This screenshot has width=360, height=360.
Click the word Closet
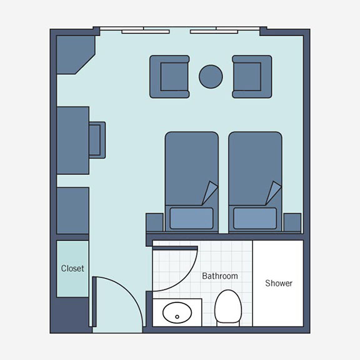(x=72, y=268)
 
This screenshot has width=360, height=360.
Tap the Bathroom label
(x=220, y=276)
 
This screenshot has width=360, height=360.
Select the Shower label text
(x=279, y=283)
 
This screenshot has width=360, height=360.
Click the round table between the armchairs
(x=211, y=77)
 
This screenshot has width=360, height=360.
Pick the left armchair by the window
(x=169, y=77)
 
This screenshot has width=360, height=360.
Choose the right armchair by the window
(x=252, y=77)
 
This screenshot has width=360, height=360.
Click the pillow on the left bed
(x=191, y=218)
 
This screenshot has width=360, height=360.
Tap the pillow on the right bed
(x=255, y=218)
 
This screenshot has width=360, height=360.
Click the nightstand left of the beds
(x=154, y=222)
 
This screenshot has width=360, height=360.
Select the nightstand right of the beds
(x=292, y=222)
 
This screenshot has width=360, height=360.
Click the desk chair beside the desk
(x=97, y=140)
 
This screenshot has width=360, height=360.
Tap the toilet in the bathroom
(x=228, y=307)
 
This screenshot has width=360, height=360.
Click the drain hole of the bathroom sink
(x=177, y=317)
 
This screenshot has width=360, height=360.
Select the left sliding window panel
(x=146, y=32)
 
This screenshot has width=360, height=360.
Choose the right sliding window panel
(x=214, y=32)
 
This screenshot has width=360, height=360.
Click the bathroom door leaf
(x=175, y=248)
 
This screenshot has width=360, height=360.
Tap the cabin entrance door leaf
(x=94, y=301)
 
